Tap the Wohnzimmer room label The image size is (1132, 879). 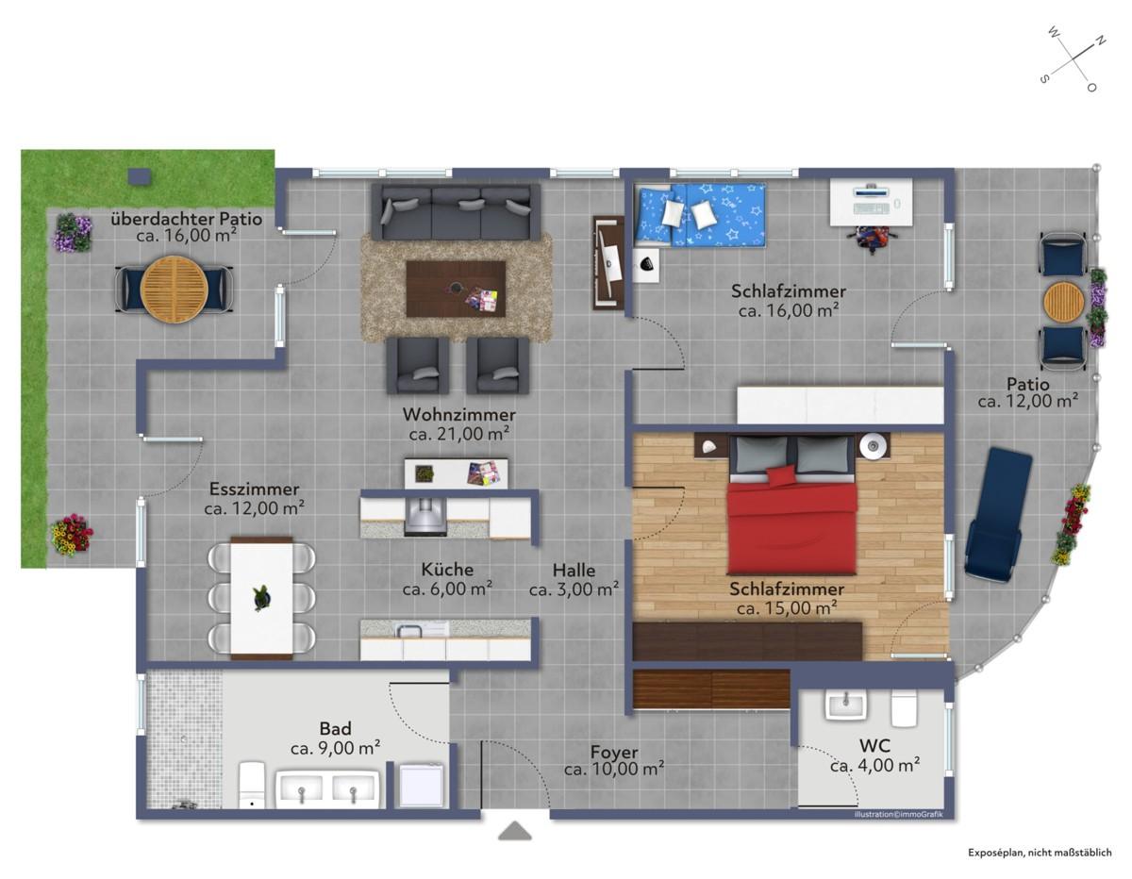tap(459, 414)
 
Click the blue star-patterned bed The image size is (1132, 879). tap(700, 214)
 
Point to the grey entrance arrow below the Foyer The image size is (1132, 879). tap(515, 831)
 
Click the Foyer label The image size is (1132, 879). tap(614, 752)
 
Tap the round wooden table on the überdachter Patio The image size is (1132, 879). tap(175, 290)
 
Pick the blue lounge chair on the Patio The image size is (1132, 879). tap(998, 513)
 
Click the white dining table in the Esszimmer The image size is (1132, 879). tap(261, 598)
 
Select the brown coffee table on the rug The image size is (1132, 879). tap(456, 289)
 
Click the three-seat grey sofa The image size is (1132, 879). tap(456, 212)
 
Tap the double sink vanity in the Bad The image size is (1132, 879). tap(327, 788)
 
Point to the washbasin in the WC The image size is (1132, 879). tap(845, 706)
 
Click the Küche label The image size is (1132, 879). tap(447, 569)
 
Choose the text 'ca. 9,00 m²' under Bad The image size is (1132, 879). tap(335, 748)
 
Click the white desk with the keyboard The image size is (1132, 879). tap(871, 202)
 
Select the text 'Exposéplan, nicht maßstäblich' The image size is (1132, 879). tap(1040, 853)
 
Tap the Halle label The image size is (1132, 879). tap(574, 570)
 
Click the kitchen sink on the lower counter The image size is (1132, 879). tap(408, 631)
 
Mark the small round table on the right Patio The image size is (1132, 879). tap(1064, 302)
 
